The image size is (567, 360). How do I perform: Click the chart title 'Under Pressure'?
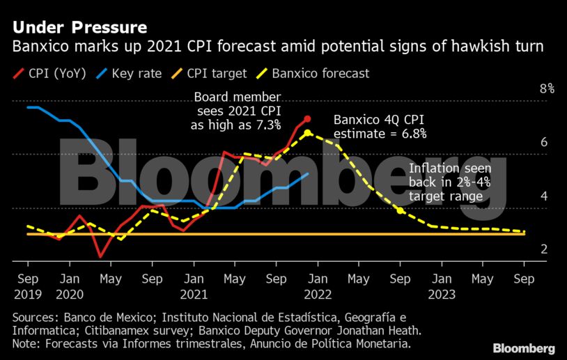79,28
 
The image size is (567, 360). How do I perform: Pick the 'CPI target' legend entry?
216,72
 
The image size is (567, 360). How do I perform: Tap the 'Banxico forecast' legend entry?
320,72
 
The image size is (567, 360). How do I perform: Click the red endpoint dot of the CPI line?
307,119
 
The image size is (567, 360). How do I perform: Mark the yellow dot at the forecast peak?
307,132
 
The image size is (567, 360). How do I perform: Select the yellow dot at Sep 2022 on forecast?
400,210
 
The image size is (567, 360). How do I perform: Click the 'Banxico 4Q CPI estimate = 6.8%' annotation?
380,126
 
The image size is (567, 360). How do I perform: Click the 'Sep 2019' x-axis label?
27,285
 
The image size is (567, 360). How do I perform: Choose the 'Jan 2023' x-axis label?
440,285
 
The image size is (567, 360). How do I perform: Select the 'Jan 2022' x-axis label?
317,285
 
